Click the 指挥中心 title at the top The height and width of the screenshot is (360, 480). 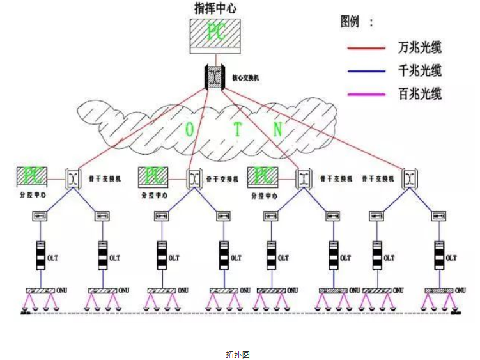(x=215, y=8)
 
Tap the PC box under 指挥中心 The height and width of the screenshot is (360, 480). (x=215, y=35)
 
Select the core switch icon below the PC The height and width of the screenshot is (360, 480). (x=213, y=77)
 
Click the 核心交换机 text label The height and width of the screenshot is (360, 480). (x=245, y=77)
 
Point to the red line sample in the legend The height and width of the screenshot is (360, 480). (x=366, y=48)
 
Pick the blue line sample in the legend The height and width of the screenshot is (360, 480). (x=366, y=70)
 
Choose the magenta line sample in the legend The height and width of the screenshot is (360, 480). (x=366, y=94)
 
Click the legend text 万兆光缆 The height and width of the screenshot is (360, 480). (x=420, y=47)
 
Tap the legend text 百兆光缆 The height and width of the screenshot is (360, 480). (x=420, y=94)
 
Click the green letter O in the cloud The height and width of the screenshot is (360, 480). (x=190, y=129)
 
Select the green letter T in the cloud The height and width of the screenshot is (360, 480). (x=238, y=130)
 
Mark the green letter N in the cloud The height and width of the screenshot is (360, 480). (x=277, y=129)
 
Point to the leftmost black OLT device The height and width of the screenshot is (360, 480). (x=40, y=255)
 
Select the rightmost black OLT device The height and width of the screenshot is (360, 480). (x=438, y=255)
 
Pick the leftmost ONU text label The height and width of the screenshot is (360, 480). (x=63, y=291)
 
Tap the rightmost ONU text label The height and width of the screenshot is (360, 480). (x=461, y=291)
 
